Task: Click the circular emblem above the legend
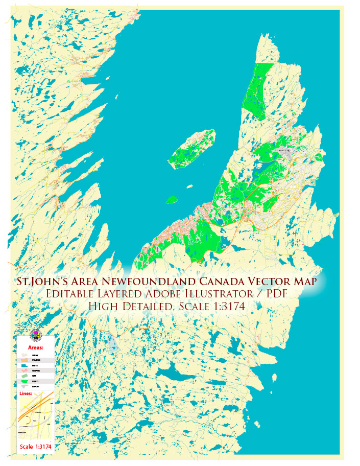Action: [35, 335]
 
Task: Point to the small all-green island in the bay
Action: [173, 199]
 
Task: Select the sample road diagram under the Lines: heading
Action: [35, 416]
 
